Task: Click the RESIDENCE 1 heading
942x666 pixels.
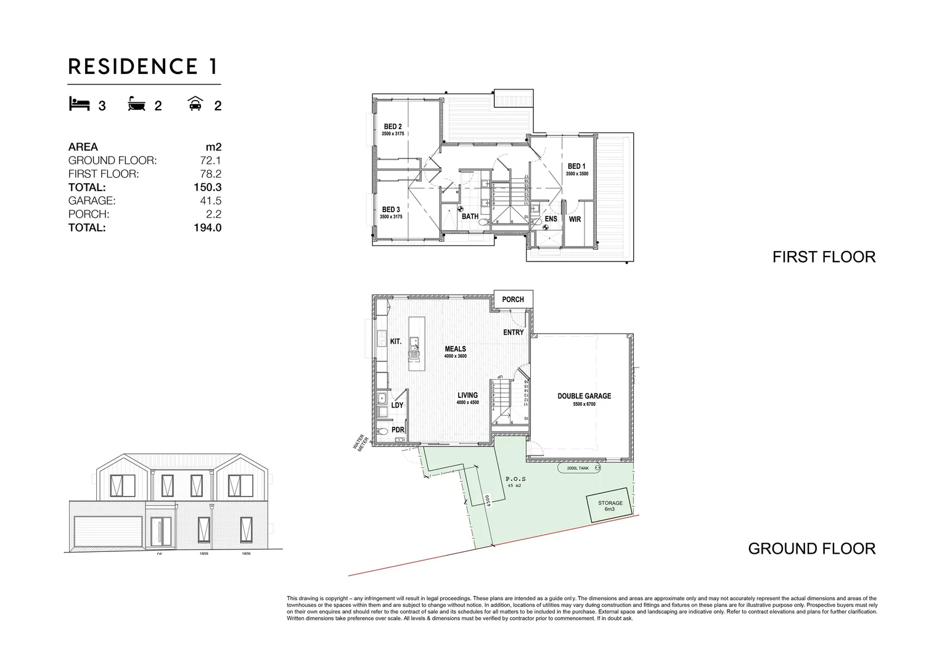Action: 143,66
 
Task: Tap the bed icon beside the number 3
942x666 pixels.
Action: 79,104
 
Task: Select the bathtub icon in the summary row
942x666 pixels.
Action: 137,104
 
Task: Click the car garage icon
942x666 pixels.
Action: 196,104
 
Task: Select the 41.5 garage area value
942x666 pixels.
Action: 210,200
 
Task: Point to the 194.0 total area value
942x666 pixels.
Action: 207,228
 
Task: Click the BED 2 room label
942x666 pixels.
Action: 392,127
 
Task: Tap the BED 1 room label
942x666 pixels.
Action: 576,166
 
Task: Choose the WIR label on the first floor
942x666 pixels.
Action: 575,219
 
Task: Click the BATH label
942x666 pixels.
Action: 470,216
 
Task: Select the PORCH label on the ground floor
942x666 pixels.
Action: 513,300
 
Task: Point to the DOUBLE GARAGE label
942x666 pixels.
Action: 584,396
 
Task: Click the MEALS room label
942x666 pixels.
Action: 456,349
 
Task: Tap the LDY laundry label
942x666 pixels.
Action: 397,405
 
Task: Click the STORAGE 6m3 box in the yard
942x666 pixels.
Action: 609,506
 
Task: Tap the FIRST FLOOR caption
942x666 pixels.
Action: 824,257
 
